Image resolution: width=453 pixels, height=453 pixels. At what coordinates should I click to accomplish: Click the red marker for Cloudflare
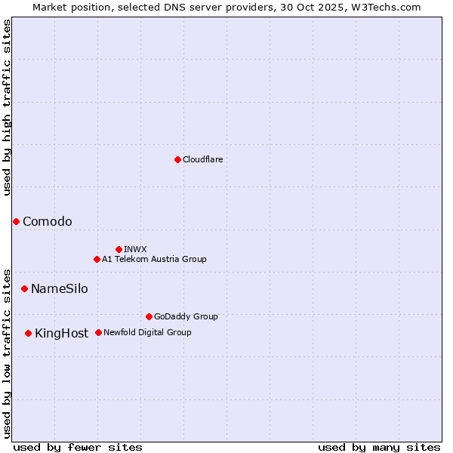(177, 159)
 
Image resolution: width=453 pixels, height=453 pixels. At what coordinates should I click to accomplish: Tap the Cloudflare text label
(202, 160)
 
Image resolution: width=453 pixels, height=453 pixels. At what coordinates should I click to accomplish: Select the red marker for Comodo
(16, 221)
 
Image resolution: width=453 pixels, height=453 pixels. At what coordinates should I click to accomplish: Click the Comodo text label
(48, 221)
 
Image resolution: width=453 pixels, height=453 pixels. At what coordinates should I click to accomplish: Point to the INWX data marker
(119, 249)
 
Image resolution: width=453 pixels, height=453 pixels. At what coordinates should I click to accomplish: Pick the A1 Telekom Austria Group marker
(97, 259)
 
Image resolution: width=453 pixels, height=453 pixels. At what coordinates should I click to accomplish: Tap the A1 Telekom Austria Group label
(154, 259)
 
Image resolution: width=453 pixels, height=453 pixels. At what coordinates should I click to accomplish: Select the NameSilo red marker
(24, 288)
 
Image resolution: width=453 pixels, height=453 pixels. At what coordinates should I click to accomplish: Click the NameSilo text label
(60, 289)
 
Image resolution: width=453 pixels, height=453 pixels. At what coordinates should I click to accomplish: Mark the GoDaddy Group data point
(149, 316)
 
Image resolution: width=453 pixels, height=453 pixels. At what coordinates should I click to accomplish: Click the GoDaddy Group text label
(186, 317)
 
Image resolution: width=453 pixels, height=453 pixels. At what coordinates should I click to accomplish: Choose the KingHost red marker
(28, 333)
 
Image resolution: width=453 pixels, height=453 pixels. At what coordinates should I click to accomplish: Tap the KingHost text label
(62, 334)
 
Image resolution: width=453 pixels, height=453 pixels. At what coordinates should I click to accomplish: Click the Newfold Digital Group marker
(98, 332)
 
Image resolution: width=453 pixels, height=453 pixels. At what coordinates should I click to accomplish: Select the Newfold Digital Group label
(147, 332)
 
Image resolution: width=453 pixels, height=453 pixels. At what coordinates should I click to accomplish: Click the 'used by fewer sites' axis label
(78, 447)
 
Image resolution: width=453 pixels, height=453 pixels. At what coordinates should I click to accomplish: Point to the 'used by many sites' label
(379, 447)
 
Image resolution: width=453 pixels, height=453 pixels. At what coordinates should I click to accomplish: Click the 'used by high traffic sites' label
(7, 107)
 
